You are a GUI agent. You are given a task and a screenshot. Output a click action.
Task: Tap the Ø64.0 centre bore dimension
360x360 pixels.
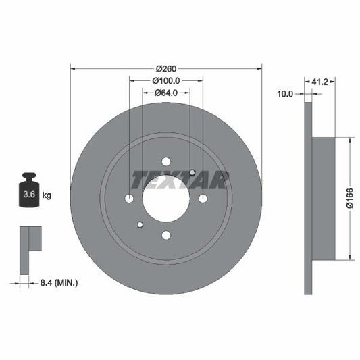[x=165, y=93]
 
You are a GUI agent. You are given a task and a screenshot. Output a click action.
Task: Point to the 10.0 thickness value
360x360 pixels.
[x=285, y=94]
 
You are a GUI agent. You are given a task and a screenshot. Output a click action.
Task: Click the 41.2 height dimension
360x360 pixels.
[x=320, y=82]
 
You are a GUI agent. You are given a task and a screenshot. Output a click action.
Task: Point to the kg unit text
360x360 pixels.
[x=47, y=195]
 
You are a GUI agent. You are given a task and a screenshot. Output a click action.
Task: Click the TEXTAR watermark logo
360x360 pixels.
[x=180, y=179]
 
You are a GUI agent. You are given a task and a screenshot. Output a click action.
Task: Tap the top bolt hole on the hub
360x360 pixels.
[x=165, y=161]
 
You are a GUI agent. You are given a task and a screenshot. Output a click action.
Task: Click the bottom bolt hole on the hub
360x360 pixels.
[x=165, y=235]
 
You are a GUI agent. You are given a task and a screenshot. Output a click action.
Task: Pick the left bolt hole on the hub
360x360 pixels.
[x=129, y=199]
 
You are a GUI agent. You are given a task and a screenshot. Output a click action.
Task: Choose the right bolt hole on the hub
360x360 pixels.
[x=203, y=198]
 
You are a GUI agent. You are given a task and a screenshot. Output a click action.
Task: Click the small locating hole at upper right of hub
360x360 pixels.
[x=192, y=172]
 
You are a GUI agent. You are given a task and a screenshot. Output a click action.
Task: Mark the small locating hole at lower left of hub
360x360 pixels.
[x=140, y=224]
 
